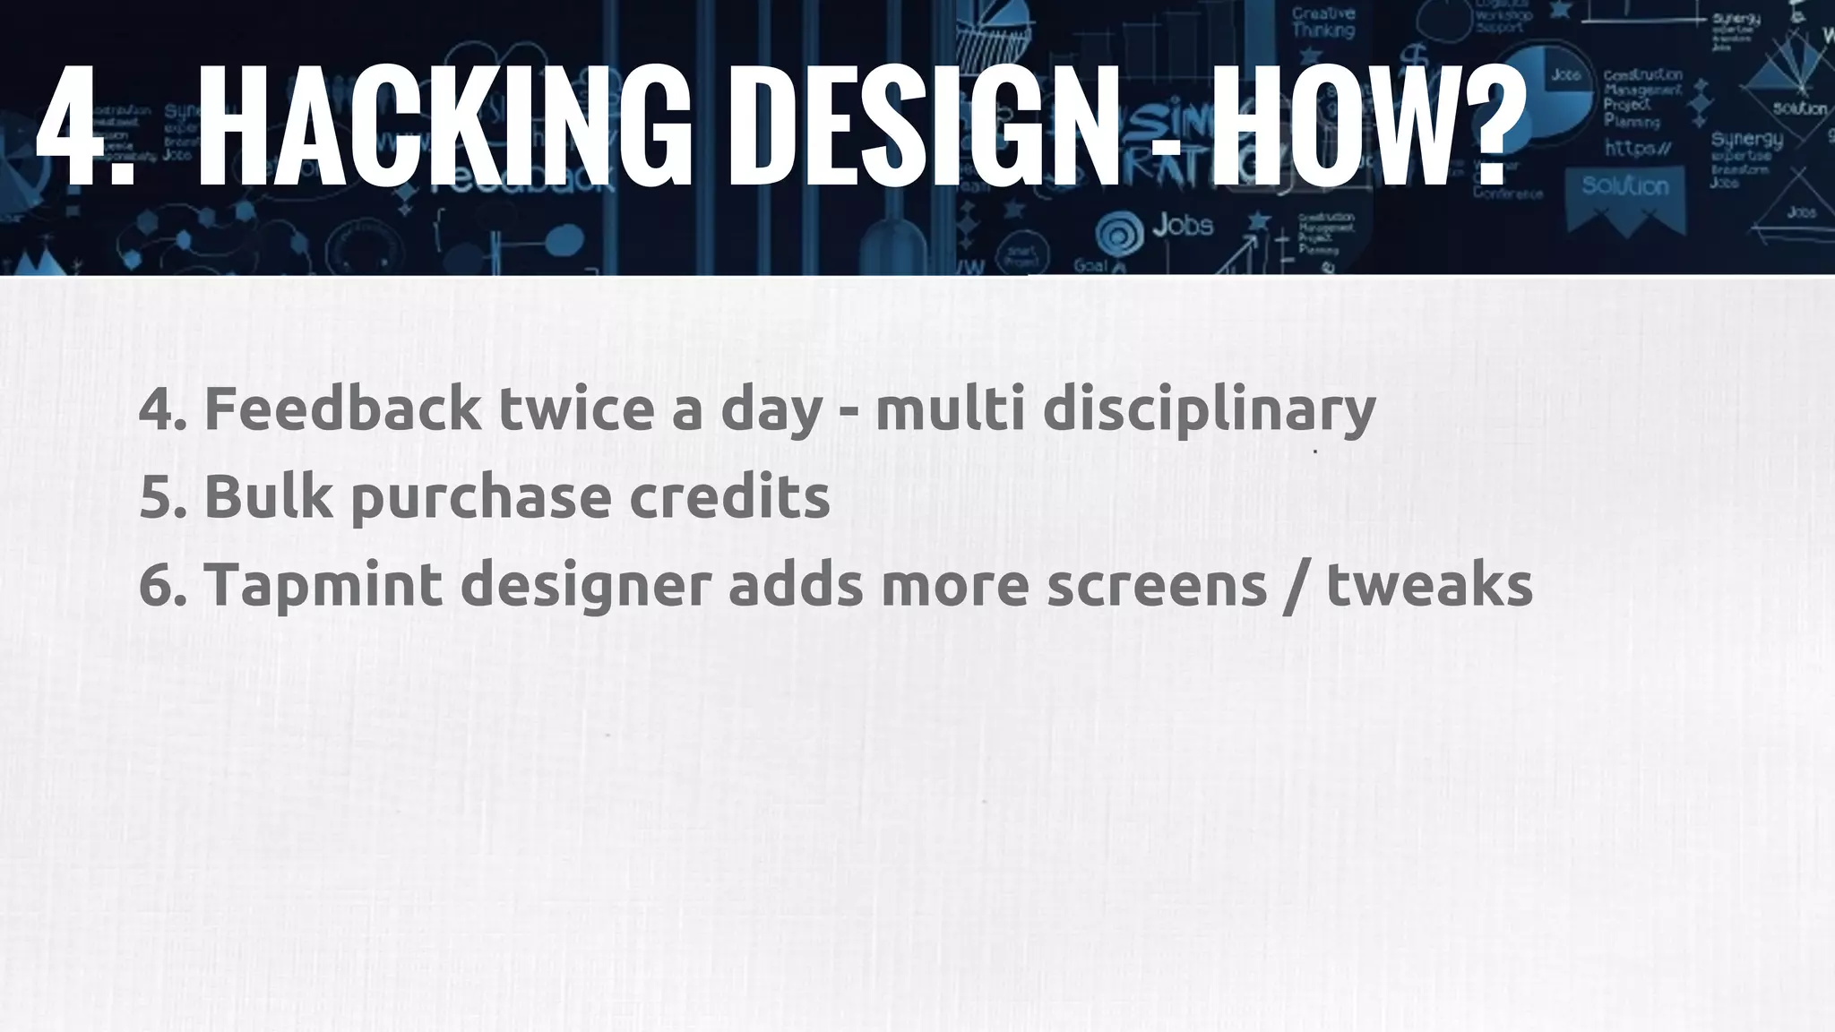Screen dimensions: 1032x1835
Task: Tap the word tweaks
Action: (1430, 586)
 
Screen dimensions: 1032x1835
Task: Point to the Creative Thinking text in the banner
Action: (1323, 22)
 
